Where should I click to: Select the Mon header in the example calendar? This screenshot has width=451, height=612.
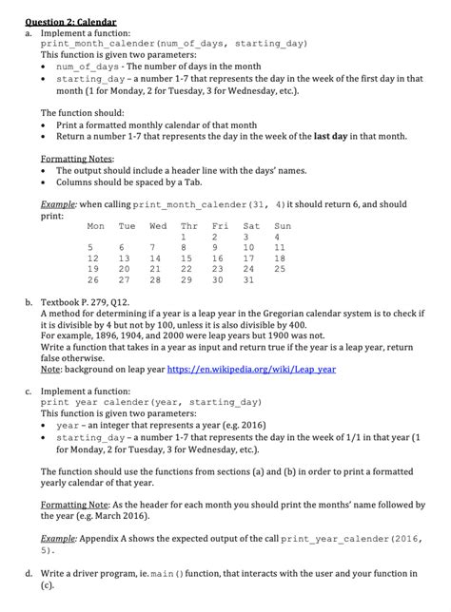tap(95, 226)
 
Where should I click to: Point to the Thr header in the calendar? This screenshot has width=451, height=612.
tap(188, 226)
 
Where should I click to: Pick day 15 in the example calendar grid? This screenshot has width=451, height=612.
tap(188, 258)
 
